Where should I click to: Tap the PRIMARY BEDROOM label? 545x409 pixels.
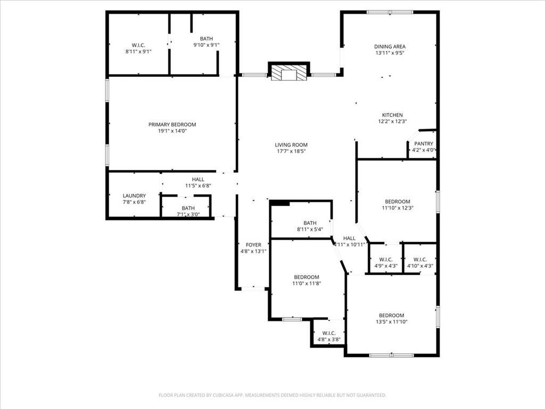pos(172,124)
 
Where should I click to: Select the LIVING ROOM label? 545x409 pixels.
pos(291,145)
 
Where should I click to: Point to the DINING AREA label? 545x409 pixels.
pos(390,46)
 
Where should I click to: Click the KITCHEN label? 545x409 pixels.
pos(392,115)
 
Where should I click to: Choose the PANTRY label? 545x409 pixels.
pos(424,144)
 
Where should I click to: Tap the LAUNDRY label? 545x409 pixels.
pos(134,196)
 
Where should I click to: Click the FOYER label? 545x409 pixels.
pos(253,245)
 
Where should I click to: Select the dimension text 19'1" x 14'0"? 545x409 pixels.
pos(172,131)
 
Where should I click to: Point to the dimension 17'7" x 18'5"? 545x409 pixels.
pos(291,151)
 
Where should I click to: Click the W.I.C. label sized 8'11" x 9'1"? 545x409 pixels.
pos(138,45)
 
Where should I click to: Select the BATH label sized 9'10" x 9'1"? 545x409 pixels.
pos(205,39)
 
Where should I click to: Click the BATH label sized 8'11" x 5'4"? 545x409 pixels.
pos(310,223)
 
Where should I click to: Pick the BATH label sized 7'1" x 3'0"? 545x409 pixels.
pos(188,208)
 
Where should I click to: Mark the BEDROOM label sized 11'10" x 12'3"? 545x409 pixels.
pos(398,201)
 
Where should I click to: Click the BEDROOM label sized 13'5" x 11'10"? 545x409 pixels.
pos(391,315)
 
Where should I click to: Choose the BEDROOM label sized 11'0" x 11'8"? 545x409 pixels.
pos(307,277)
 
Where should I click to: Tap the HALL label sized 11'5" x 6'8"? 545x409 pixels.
pos(198,179)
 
